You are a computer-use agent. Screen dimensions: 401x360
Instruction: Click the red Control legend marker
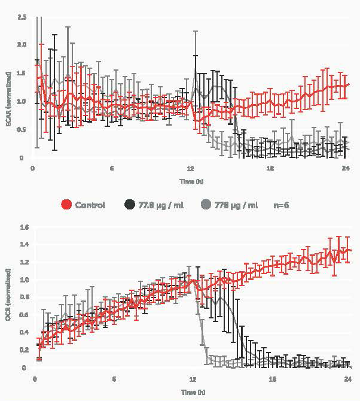coord(67,205)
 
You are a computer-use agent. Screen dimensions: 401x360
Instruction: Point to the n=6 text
coord(282,205)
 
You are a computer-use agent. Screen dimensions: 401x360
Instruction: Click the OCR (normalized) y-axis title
coord(8,297)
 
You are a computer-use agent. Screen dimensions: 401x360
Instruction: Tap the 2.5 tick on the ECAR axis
coord(22,16)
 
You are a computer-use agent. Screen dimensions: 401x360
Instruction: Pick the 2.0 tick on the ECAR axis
coord(22,45)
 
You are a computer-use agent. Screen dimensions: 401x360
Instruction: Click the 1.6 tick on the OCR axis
coord(25,227)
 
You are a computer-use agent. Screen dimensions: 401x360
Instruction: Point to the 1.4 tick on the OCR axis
coord(25,245)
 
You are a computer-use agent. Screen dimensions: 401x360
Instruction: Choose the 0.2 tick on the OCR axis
coord(25,350)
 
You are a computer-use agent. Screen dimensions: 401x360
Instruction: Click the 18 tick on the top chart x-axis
coord(270,169)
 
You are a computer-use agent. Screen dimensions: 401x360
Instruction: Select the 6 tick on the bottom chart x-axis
coord(114,379)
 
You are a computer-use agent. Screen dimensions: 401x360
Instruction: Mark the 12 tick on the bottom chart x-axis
coord(193,379)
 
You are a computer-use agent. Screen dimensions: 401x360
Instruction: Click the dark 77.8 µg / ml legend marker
coord(130,205)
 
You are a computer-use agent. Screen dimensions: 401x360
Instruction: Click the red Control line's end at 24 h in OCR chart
coord(349,250)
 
